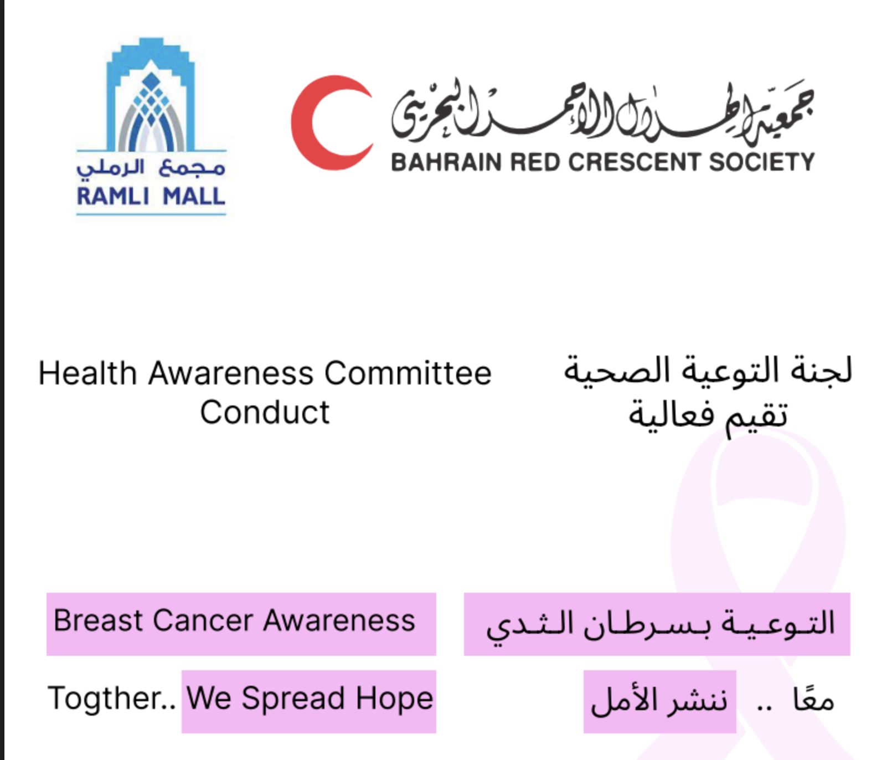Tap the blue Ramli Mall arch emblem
(x=151, y=97)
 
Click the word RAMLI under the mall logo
(x=112, y=196)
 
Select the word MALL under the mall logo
(x=194, y=196)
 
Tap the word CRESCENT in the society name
(x=635, y=162)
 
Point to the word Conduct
(x=265, y=413)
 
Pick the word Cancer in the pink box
(x=203, y=620)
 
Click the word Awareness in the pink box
(x=339, y=620)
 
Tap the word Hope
(x=394, y=698)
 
